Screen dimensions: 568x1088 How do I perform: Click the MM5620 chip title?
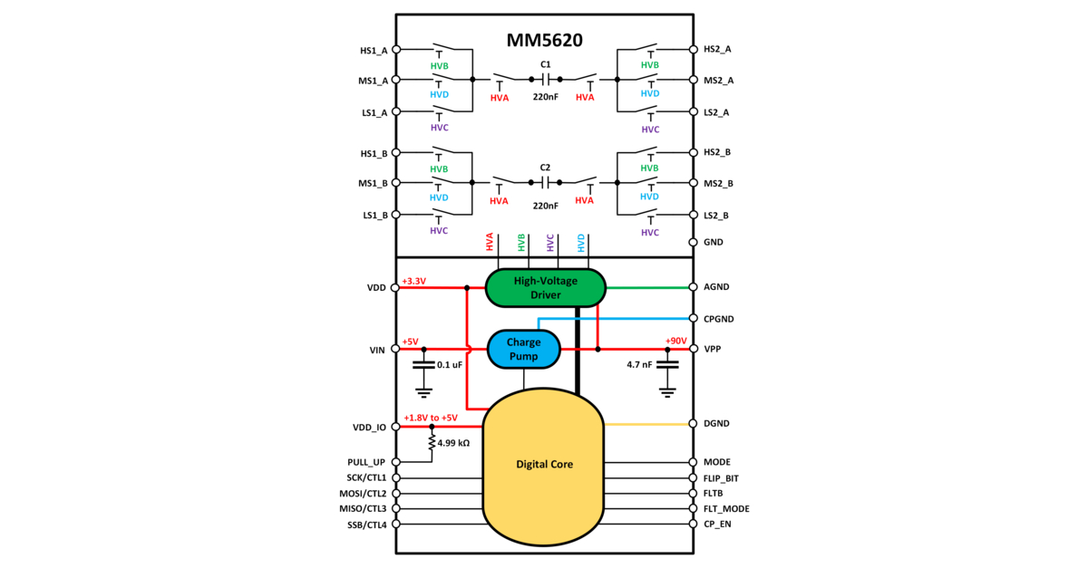click(x=544, y=41)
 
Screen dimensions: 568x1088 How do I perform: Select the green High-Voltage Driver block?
click(x=545, y=288)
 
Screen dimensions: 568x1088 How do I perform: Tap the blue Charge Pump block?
click(x=524, y=350)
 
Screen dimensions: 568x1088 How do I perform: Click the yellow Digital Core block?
click(x=544, y=464)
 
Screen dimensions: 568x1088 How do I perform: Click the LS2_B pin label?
click(x=717, y=216)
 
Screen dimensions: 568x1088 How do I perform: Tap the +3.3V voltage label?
click(x=413, y=280)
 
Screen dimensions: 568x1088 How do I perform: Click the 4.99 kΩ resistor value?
click(x=453, y=444)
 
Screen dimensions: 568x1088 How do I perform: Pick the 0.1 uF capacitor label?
click(x=451, y=364)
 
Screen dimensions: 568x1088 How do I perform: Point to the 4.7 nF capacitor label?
click(x=639, y=364)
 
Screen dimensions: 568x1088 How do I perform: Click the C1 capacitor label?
click(x=545, y=64)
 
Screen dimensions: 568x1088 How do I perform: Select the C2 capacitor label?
click(x=545, y=168)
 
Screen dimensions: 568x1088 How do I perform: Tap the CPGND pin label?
click(x=719, y=319)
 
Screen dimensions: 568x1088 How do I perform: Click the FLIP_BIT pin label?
click(x=722, y=477)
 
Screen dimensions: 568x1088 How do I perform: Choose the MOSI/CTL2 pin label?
click(x=361, y=494)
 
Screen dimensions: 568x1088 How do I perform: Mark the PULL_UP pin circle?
click(x=394, y=462)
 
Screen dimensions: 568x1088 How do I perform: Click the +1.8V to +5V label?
click(x=431, y=417)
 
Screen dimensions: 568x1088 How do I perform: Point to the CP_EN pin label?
click(x=717, y=525)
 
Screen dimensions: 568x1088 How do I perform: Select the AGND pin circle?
click(x=694, y=287)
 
